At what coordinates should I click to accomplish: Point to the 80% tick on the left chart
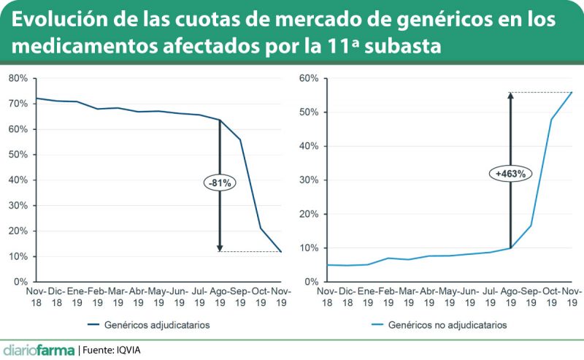18,78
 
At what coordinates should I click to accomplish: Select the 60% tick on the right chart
310,78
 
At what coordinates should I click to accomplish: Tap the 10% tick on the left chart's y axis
18,256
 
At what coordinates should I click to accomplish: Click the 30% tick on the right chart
310,180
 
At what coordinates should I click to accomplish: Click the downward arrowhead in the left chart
219,248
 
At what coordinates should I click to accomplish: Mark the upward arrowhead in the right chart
510,96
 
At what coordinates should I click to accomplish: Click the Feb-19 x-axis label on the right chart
389,296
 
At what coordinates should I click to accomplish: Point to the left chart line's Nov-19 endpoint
281,252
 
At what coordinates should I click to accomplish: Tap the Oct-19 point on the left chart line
261,229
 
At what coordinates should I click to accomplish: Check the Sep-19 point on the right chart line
531,225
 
